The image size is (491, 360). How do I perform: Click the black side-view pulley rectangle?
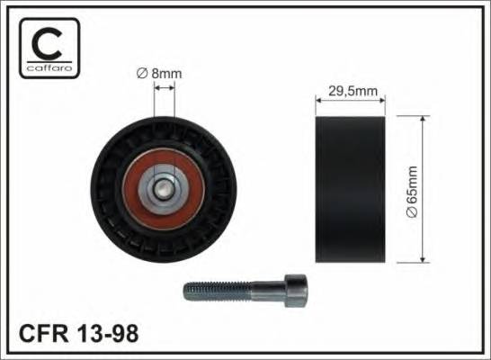tap(351, 189)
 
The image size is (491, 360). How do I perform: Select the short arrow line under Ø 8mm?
tap(163, 88)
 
